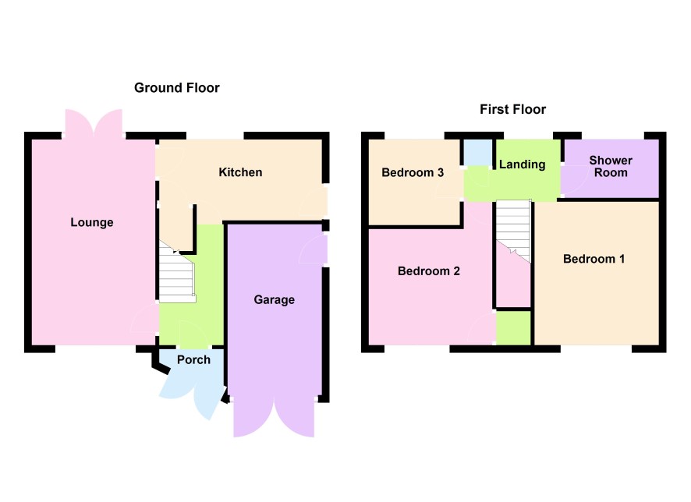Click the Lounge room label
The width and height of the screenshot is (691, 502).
point(92,222)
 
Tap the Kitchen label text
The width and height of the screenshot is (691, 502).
point(240,172)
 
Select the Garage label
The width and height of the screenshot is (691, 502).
point(274,300)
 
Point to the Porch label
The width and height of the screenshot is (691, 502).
point(193,360)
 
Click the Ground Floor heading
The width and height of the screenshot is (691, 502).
point(177,87)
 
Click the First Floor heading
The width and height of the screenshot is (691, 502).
point(512,109)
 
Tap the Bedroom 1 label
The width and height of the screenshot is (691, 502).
point(594,259)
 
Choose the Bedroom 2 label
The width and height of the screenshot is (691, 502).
point(428,270)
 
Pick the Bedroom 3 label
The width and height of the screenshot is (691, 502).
point(413,172)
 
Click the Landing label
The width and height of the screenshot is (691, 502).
point(522,164)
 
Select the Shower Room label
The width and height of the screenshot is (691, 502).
point(611,167)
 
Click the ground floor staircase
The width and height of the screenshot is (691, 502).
point(177,273)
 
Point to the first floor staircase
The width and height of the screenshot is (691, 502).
point(513,232)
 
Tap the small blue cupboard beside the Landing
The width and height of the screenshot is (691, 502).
point(478,153)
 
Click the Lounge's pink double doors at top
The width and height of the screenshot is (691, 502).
point(94,123)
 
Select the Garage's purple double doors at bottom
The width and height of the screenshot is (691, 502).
point(274,418)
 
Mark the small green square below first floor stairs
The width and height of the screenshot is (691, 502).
point(513,328)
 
